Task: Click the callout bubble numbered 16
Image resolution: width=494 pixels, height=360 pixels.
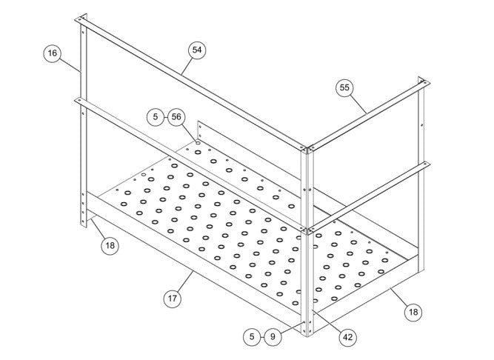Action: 53,53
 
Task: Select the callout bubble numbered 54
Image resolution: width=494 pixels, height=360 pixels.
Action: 197,50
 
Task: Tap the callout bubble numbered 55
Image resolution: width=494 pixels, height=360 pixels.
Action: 344,87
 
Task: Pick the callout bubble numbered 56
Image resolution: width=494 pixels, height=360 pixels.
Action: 176,117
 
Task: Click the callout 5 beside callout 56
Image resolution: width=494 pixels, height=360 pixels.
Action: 156,117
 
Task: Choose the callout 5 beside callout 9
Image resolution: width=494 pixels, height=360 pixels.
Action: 252,337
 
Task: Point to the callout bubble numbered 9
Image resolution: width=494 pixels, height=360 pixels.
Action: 273,337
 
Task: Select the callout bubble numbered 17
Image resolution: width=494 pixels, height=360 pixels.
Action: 173,299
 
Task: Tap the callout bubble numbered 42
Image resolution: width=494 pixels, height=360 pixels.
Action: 348,338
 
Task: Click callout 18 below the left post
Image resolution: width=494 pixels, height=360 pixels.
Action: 110,245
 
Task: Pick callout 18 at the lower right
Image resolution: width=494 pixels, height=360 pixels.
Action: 413,312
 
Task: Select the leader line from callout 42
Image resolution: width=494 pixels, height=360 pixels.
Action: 327,321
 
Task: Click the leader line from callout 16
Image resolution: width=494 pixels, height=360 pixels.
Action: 70,65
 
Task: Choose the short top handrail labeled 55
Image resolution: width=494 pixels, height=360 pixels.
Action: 369,116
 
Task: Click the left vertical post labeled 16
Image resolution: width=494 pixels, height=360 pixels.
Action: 84,121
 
